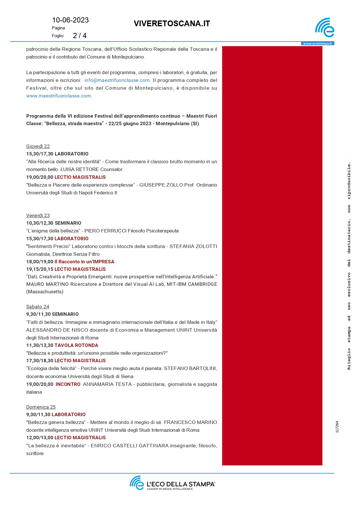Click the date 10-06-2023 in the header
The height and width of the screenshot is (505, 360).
point(70,20)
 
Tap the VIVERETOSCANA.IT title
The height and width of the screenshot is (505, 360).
point(172,24)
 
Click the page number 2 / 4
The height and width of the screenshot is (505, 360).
point(80,35)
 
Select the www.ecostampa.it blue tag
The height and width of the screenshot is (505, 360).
point(317,44)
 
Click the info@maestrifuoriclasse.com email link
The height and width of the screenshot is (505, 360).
point(117,80)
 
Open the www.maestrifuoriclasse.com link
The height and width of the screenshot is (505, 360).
point(59,96)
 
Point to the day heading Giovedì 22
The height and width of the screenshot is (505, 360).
point(38,147)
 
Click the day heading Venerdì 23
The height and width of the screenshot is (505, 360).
point(38,216)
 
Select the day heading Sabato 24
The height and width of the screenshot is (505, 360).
point(37,307)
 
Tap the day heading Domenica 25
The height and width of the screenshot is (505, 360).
point(41,407)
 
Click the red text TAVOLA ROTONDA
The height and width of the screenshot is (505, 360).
point(76,346)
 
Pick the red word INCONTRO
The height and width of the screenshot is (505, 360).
point(68,384)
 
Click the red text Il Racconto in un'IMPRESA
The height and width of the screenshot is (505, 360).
point(84,262)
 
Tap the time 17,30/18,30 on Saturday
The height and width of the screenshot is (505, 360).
point(40,361)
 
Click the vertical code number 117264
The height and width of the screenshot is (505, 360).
point(337,427)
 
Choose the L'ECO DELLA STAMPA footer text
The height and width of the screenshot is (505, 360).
point(181,484)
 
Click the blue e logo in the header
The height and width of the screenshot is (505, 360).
point(325,28)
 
